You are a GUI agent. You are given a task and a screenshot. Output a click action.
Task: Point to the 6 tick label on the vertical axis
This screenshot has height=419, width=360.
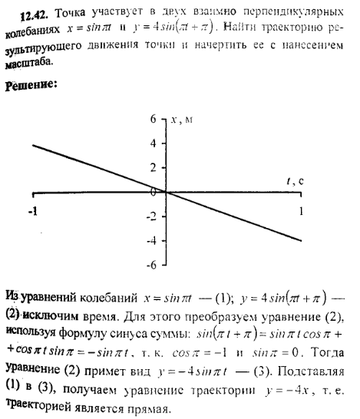pyautogui.click(x=154, y=119)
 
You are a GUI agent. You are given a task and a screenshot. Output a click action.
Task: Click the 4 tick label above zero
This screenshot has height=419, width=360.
pyautogui.click(x=154, y=144)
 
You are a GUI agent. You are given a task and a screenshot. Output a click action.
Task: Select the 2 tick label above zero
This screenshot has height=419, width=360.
pyautogui.click(x=154, y=167)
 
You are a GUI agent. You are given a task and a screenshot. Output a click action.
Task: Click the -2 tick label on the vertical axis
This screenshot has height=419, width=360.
pyautogui.click(x=152, y=216)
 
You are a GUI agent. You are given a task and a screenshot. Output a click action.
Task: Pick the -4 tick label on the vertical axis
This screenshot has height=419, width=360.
pyautogui.click(x=152, y=240)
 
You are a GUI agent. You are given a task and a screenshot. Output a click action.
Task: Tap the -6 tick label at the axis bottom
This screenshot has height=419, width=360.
pyautogui.click(x=152, y=265)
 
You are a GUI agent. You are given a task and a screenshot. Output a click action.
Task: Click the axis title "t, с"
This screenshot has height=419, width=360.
pyautogui.click(x=296, y=181)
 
